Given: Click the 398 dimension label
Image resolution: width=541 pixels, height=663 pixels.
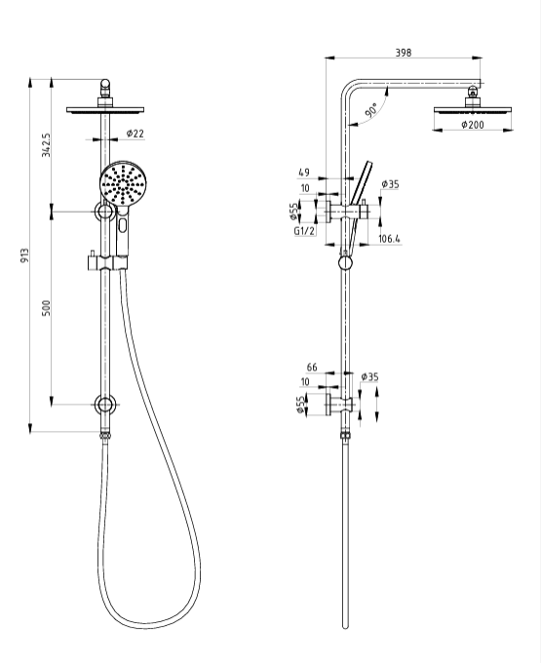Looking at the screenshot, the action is click(x=404, y=53).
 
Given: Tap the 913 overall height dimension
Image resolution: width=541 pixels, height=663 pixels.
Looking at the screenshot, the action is click(x=25, y=255).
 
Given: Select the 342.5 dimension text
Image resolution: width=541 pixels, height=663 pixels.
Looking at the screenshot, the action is click(x=46, y=145).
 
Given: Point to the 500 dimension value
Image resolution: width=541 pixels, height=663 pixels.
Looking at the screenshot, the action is click(x=46, y=308).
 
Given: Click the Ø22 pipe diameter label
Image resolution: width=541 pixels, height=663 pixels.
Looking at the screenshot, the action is click(x=135, y=134).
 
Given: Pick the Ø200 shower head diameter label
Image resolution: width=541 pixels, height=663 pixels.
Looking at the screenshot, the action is click(x=473, y=125).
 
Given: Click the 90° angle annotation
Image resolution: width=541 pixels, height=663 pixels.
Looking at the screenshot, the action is click(x=371, y=109).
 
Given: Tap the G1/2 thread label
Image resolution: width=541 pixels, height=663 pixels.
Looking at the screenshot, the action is click(x=305, y=231).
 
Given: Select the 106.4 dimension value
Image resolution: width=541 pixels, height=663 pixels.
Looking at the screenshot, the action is click(x=389, y=239).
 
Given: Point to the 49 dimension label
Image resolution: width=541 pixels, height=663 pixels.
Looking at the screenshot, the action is click(x=304, y=173).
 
